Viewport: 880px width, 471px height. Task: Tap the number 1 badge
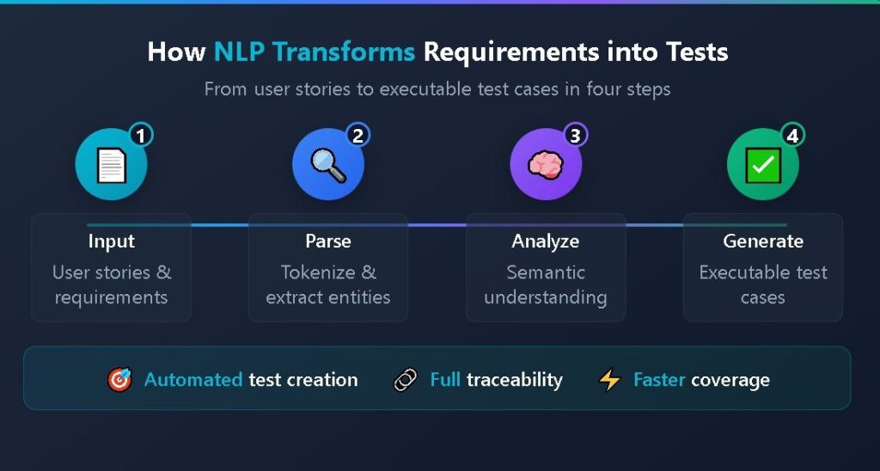click(x=141, y=135)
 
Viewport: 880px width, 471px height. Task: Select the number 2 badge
click(x=358, y=135)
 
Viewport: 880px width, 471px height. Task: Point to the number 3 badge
click(x=576, y=135)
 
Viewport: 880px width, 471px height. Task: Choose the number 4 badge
click(x=793, y=135)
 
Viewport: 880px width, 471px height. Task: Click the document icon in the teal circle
click(x=111, y=165)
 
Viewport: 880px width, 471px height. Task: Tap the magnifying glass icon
click(x=328, y=165)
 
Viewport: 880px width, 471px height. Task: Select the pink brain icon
click(x=546, y=165)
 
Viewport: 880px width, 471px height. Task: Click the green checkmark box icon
click(x=763, y=165)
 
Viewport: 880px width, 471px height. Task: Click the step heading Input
click(x=111, y=242)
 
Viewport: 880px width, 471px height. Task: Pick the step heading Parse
click(x=328, y=242)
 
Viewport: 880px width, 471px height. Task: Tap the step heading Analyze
click(x=546, y=242)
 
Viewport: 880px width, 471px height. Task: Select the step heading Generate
click(x=763, y=242)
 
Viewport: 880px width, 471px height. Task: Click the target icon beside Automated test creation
click(x=119, y=380)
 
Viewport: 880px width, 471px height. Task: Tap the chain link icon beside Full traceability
click(x=406, y=380)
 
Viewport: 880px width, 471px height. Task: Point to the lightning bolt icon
click(x=609, y=380)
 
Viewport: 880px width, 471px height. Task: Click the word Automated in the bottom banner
click(x=193, y=380)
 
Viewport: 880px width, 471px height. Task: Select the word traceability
click(x=515, y=380)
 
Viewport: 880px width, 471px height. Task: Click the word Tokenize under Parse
click(x=317, y=272)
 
